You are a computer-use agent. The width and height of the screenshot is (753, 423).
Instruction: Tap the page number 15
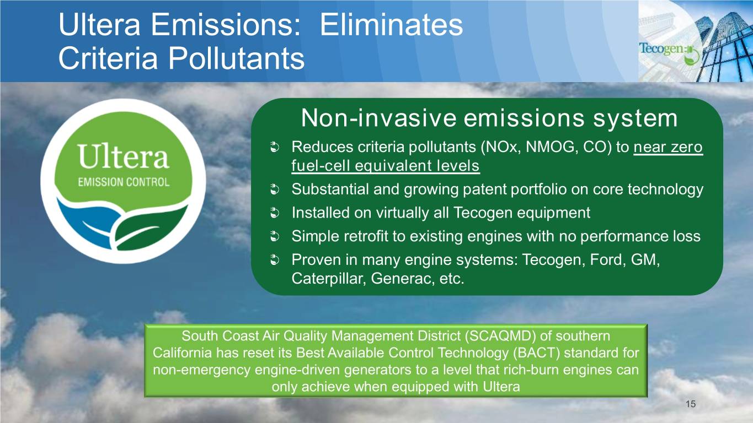point(691,404)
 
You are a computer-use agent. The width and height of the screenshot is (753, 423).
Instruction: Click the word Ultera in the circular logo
point(124,156)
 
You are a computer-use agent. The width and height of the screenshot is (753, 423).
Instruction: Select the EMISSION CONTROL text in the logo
point(124,182)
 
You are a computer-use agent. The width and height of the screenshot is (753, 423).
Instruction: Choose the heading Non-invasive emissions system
point(489,118)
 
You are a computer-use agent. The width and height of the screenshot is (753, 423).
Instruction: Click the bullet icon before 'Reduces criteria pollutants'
point(275,148)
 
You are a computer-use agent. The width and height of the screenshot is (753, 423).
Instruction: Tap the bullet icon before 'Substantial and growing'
point(275,189)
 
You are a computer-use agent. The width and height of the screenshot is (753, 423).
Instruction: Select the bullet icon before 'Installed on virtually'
point(275,213)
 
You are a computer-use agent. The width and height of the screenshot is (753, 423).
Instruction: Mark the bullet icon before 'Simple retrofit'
point(275,237)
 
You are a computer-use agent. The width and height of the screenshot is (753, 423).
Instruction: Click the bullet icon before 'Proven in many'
point(275,260)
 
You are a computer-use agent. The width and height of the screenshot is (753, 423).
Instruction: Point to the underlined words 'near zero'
point(668,147)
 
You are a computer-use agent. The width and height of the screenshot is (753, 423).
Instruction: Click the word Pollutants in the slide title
point(236,58)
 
